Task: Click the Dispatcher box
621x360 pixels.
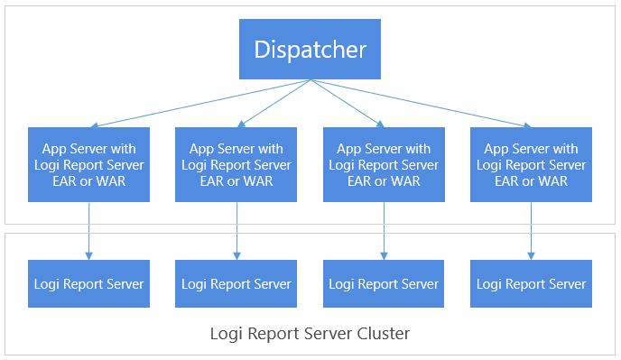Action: point(310,49)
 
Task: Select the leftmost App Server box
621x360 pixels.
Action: point(88,164)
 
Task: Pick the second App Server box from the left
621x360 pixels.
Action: point(236,164)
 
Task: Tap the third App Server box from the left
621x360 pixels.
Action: point(384,164)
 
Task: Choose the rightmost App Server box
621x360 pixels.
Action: point(531,164)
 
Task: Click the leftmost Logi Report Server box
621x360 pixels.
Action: point(88,283)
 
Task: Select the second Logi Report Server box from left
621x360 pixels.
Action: point(236,283)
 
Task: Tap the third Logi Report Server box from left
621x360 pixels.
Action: point(384,283)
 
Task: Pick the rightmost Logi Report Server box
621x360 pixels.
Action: point(531,283)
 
